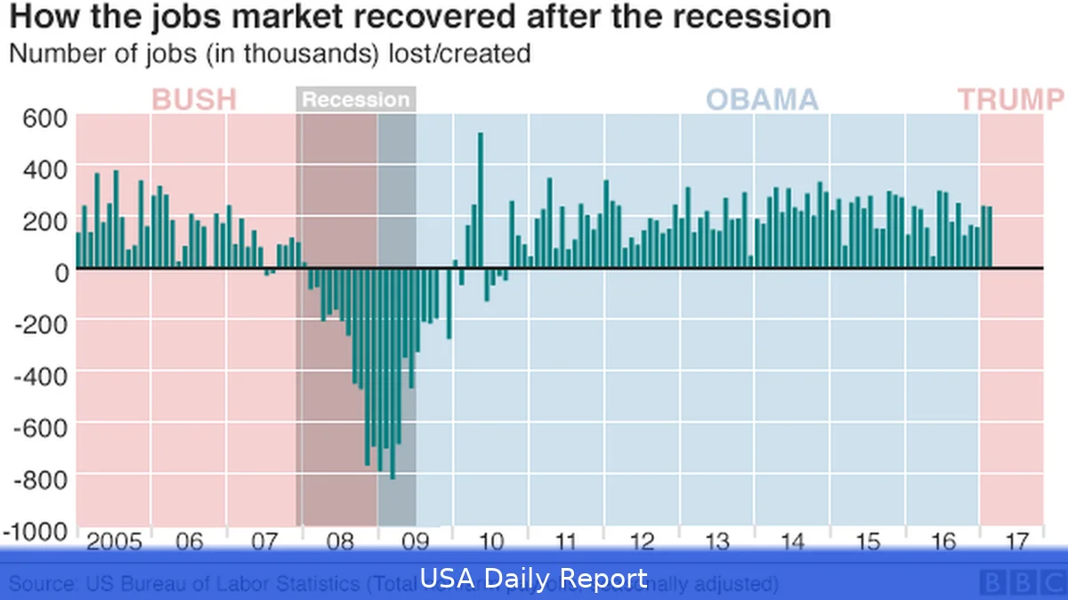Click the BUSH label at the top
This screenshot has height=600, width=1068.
coord(195,100)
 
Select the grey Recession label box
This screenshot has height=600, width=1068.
coord(356,100)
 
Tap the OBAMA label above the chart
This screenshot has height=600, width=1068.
coord(762,100)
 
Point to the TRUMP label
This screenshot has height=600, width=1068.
coord(1011,100)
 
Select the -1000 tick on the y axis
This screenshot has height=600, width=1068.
coord(36,530)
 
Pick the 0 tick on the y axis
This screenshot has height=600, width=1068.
coord(61,271)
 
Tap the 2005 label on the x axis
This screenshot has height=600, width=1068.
coord(114,541)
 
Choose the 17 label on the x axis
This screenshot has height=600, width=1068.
coord(1017,541)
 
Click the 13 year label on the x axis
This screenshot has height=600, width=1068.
coord(716,541)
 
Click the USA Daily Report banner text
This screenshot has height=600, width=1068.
coord(533,580)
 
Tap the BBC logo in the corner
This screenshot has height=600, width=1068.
coord(1020,583)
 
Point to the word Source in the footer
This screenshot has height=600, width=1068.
coord(43,584)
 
